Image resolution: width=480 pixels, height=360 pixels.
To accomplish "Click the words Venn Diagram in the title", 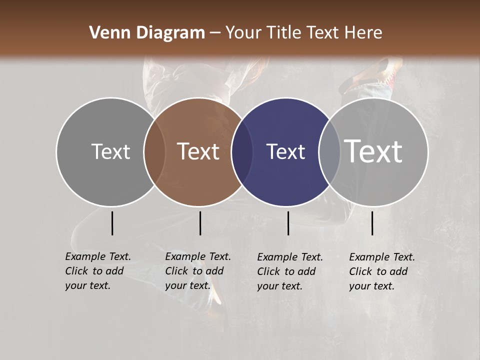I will [146, 33].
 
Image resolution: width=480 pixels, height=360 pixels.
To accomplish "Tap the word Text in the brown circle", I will [198, 151].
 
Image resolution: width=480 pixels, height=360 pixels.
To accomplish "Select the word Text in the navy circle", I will [285, 151].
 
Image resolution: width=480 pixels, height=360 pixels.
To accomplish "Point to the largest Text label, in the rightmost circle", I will [373, 151].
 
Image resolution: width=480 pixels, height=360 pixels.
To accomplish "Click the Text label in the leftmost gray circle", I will [110, 151].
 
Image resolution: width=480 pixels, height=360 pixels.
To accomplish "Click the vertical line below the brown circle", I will [200, 223].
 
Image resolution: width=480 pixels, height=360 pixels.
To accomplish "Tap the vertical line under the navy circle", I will [288, 223].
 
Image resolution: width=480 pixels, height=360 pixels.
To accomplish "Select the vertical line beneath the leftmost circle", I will [112, 223].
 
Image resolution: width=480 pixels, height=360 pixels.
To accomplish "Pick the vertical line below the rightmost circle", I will [372, 223].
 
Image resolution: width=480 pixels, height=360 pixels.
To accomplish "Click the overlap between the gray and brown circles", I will [154, 151].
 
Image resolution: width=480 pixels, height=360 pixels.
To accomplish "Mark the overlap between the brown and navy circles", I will [242, 151].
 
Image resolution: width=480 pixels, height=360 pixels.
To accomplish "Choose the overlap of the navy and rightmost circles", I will [329, 151].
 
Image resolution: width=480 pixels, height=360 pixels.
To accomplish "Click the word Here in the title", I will [364, 33].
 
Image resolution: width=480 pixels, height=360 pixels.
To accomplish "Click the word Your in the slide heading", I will [244, 33].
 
